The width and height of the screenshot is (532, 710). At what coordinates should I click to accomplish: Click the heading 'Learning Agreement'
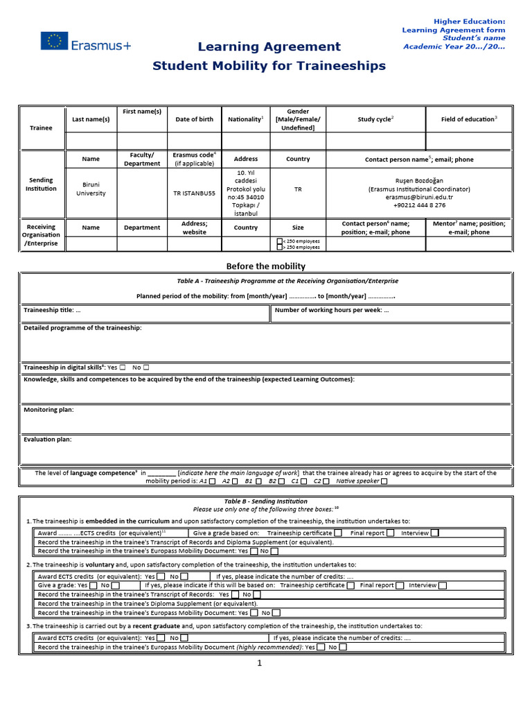coord(269,46)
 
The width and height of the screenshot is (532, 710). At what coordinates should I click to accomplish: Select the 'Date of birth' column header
coord(194,119)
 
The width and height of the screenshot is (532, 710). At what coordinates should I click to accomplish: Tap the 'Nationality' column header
coord(246,119)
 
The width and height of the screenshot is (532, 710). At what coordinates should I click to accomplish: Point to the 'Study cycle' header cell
coord(375,119)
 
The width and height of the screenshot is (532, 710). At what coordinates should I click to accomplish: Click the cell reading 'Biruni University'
coord(91,189)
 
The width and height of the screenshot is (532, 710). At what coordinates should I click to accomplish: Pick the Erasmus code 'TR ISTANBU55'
coord(194,193)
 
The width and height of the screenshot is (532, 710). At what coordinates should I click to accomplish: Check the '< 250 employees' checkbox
coord(279,241)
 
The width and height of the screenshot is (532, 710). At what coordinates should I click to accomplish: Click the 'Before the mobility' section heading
coord(266,266)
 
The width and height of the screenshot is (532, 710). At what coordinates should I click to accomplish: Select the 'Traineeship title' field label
coord(53,310)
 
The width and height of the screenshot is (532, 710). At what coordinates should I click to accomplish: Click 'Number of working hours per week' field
coord(332,310)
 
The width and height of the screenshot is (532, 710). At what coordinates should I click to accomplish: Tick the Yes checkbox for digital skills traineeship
coord(123,367)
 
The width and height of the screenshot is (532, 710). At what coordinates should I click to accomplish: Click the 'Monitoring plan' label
coord(48,410)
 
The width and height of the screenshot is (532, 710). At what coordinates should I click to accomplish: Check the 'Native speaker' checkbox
coord(384,481)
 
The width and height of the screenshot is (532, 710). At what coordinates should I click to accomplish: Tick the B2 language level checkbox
coord(283,481)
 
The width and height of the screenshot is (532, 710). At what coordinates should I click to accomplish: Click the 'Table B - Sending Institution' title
coord(266,501)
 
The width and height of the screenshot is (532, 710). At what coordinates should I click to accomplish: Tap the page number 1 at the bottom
coord(260,663)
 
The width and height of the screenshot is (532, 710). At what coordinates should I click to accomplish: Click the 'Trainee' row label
coord(41,128)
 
